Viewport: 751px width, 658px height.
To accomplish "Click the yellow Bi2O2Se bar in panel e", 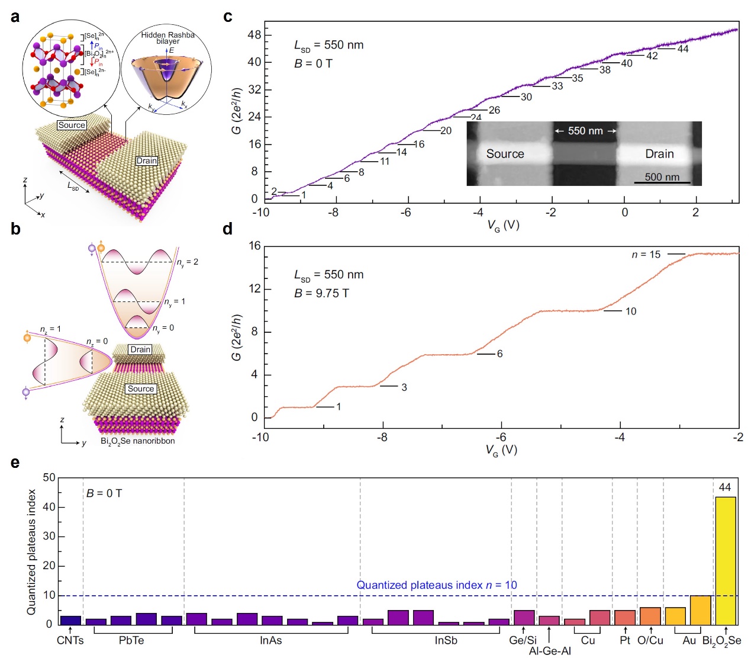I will [x=726, y=560].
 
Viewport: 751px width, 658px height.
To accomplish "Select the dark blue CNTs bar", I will [x=70, y=620].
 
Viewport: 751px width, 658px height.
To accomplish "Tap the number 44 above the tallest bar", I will [x=725, y=487].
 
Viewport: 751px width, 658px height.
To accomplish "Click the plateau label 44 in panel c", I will [x=683, y=49].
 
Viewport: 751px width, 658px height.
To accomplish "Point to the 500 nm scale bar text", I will [x=662, y=176].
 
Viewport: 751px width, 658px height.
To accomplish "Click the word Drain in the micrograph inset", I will [x=659, y=154].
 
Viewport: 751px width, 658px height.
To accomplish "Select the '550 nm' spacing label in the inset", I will [x=585, y=131].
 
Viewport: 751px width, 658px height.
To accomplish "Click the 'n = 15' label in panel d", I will [x=646, y=255].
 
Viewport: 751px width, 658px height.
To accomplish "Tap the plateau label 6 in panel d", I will [x=499, y=354].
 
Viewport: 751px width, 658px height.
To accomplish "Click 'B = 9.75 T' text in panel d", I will [x=321, y=293].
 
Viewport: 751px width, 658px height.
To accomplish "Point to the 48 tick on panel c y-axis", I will [x=254, y=35].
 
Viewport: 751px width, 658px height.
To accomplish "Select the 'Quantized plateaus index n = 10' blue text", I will [x=436, y=585].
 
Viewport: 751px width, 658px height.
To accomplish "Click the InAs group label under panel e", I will [x=270, y=640].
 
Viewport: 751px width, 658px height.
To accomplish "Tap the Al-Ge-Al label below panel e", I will [x=550, y=651].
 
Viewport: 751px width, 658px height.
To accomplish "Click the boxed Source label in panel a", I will [x=72, y=125].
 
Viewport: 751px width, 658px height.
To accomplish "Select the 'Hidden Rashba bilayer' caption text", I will [x=167, y=38].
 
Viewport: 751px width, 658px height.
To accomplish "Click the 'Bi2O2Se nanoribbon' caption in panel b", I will [x=137, y=441].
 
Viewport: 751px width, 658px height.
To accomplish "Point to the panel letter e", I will [x=15, y=462].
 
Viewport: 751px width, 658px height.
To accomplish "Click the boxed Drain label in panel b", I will [x=140, y=349].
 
